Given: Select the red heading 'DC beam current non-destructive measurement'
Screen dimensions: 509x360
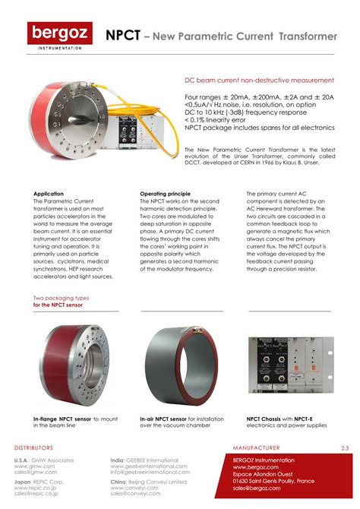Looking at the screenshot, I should coord(259,80).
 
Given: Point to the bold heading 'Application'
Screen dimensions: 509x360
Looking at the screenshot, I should coord(49,194).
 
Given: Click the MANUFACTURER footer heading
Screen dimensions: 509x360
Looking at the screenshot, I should coord(257,448).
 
